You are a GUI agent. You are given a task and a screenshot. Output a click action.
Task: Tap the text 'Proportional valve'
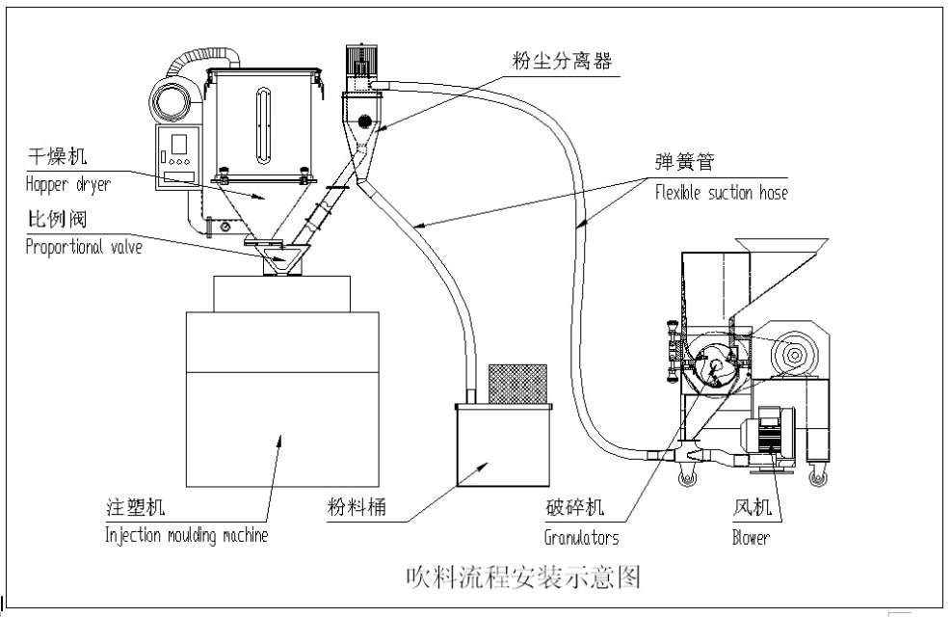(84, 247)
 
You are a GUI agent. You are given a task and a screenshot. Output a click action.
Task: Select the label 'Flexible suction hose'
(721, 193)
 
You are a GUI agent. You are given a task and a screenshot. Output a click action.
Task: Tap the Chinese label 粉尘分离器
(562, 60)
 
